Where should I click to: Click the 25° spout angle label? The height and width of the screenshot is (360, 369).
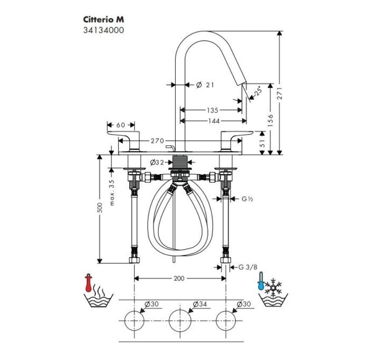click(x=257, y=92)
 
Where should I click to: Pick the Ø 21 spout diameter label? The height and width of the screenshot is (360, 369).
click(x=205, y=85)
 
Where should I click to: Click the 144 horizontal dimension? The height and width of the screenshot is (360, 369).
click(x=214, y=121)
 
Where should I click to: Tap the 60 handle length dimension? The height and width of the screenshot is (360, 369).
click(x=120, y=125)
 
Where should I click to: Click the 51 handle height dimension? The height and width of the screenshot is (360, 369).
click(x=262, y=140)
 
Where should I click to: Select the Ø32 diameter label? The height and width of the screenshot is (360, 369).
click(x=157, y=162)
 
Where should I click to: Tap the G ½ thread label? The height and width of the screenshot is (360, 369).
click(x=248, y=198)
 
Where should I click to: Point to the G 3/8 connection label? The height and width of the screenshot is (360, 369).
click(x=248, y=267)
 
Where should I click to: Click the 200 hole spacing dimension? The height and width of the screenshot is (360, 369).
click(x=179, y=278)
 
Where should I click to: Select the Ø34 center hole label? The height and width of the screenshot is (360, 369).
click(x=200, y=304)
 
